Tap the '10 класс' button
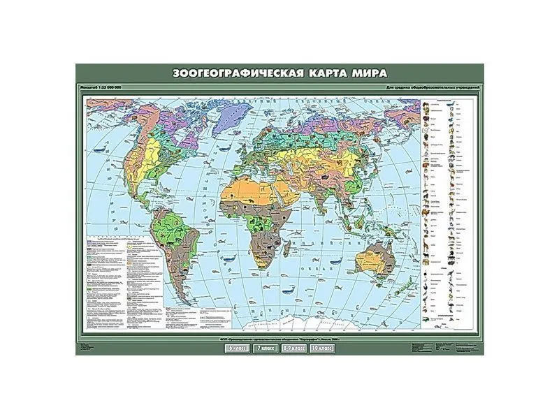point(323,347)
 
